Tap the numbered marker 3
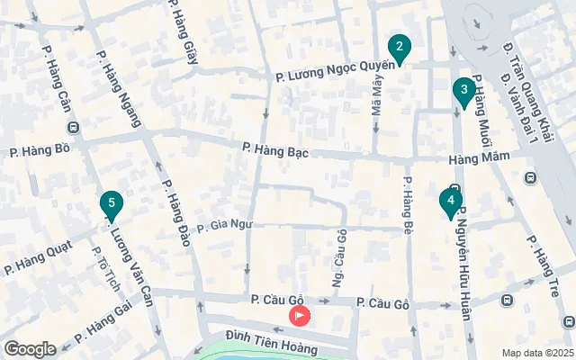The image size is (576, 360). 463,90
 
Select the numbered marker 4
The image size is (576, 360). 450,202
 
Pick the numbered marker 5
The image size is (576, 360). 111,204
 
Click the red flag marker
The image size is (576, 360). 298,316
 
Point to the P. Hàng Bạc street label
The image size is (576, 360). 275,150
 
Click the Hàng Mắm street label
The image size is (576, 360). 480,158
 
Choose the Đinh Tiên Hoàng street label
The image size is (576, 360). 271,340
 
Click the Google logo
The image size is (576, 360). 31,349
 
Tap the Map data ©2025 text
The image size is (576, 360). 537,353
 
